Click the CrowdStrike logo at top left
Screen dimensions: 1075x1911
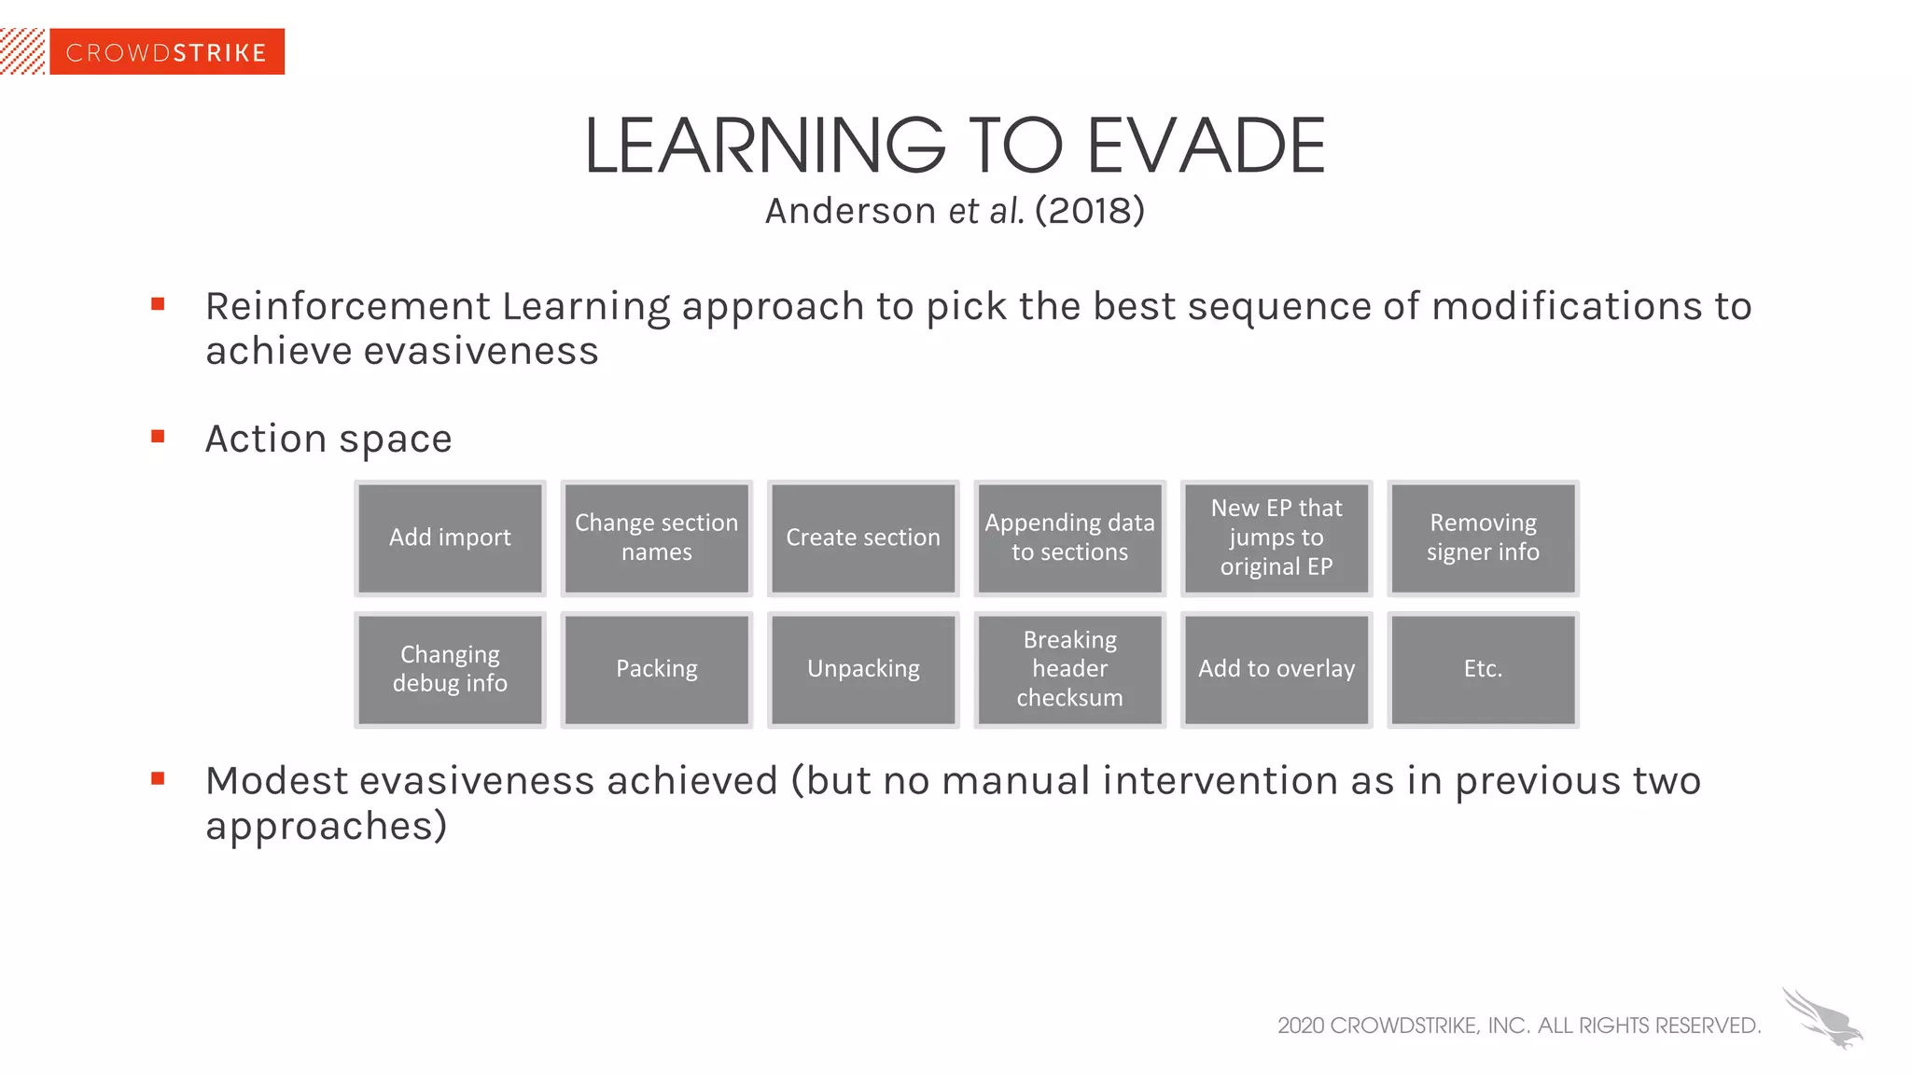(166, 52)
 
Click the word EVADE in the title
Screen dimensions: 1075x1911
(1206, 147)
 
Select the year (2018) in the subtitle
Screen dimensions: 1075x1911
(1089, 211)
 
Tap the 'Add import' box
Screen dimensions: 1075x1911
(450, 538)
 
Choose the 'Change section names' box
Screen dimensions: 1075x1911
(656, 538)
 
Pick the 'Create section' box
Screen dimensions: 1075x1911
(863, 538)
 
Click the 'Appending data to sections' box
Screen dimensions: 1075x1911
(1069, 538)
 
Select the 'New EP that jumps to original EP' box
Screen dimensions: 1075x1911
(1276, 538)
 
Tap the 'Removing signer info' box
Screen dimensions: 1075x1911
(1483, 538)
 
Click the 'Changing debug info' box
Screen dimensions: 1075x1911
(450, 669)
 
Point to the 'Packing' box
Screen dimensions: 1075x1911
(656, 669)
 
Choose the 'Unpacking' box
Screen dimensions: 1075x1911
(863, 669)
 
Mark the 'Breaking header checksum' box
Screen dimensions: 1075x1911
(1069, 669)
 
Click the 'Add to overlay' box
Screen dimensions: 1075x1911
(1276, 669)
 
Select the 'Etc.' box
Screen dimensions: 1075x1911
(1483, 669)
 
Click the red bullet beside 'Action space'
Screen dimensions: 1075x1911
(158, 436)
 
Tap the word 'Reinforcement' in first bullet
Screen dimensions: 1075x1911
(347, 307)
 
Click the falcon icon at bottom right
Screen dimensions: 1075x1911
(1822, 1019)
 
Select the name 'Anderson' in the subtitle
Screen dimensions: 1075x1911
(850, 211)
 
